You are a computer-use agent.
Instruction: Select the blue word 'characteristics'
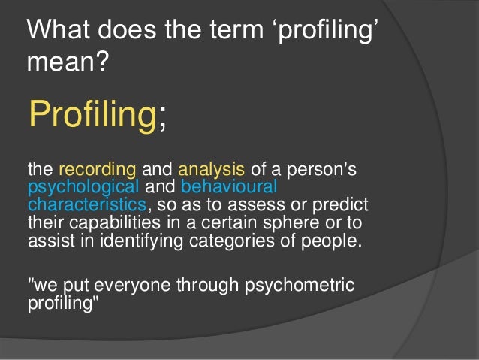[86, 204]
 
